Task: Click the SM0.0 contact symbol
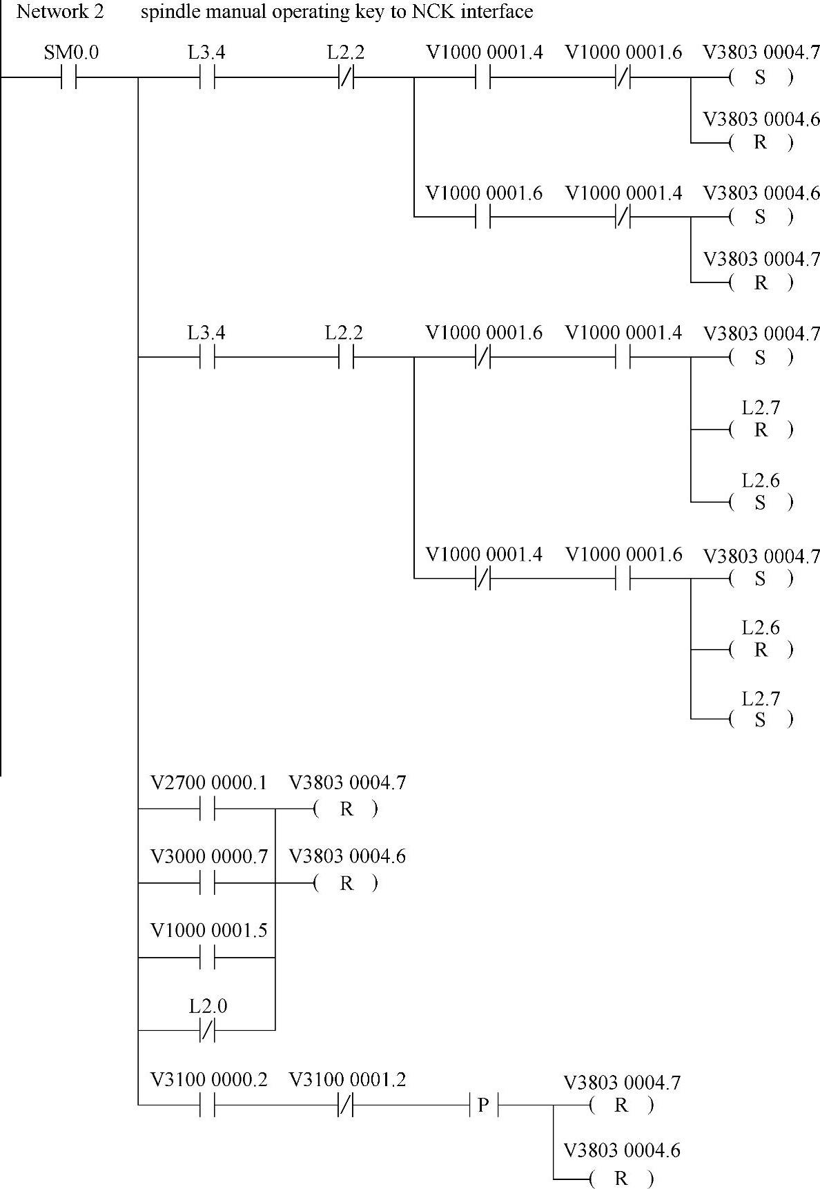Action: tap(68, 78)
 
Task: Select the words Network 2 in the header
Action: tap(60, 12)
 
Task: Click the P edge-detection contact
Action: tap(483, 1105)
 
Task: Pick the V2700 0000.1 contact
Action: tap(208, 809)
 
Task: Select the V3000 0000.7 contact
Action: tap(208, 882)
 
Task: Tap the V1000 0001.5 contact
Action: tap(208, 957)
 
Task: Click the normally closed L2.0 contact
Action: tap(208, 1030)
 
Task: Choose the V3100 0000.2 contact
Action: tap(208, 1105)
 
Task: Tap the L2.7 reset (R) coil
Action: tap(761, 429)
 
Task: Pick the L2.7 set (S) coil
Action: tap(761, 719)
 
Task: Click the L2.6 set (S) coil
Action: tap(761, 502)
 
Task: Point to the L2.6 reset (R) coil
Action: tap(761, 649)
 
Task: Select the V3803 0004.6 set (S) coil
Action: tap(761, 217)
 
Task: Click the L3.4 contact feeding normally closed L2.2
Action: tap(208, 78)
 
